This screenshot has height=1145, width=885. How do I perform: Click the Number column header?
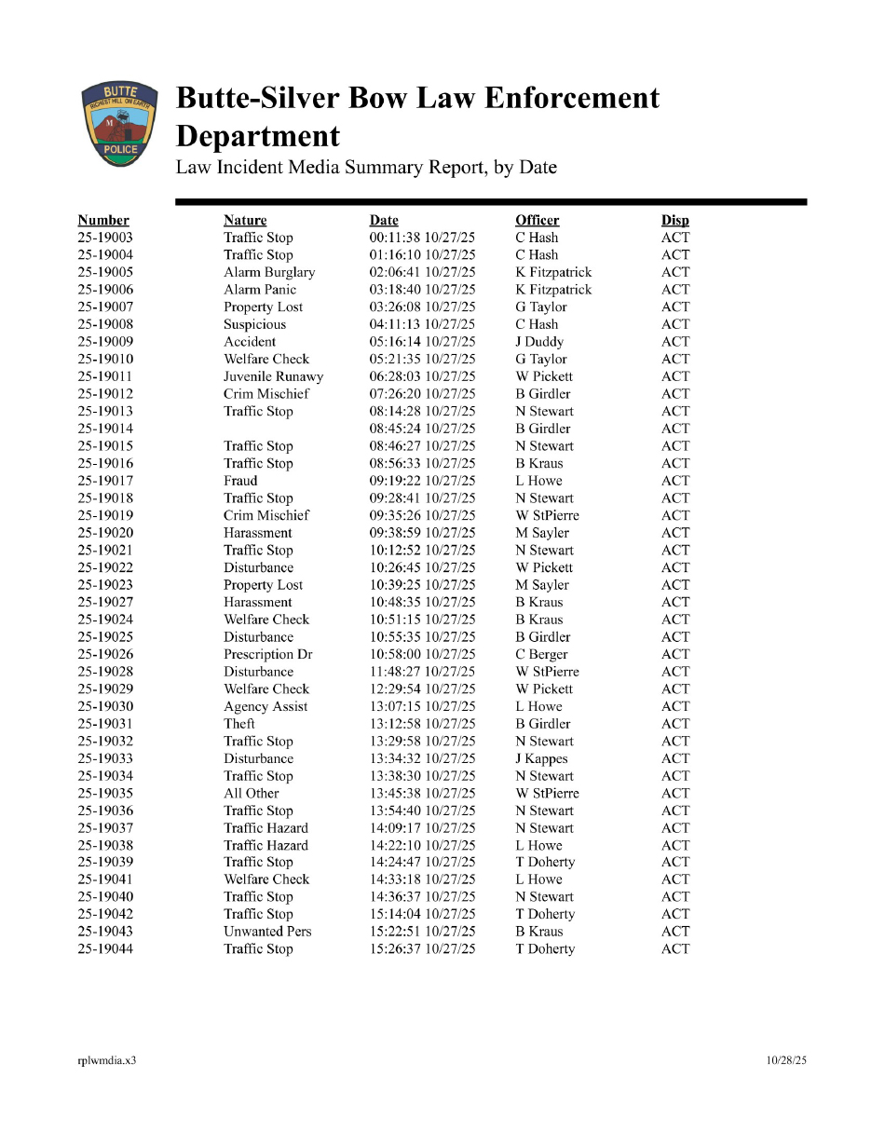103,221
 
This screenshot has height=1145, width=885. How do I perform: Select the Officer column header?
538,221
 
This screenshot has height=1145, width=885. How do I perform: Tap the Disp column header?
675,221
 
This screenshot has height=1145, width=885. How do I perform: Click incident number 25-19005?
105,272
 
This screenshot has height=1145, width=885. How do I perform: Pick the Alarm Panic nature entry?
260,290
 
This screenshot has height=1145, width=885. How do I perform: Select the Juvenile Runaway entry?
274,376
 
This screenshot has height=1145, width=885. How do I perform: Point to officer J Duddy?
539,342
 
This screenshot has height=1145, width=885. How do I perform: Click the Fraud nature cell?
240,481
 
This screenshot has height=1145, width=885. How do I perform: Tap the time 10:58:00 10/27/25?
422,654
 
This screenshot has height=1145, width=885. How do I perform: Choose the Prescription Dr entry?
268,654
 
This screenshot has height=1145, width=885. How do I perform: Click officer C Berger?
541,654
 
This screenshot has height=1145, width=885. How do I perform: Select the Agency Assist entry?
265,706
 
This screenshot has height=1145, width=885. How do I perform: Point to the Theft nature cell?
239,724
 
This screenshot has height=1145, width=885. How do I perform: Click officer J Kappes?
541,758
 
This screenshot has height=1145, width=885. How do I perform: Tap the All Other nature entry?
252,794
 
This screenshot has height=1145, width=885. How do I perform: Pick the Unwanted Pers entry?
267,932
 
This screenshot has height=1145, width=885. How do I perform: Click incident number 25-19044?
105,949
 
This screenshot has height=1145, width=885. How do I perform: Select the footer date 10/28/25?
786,1060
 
